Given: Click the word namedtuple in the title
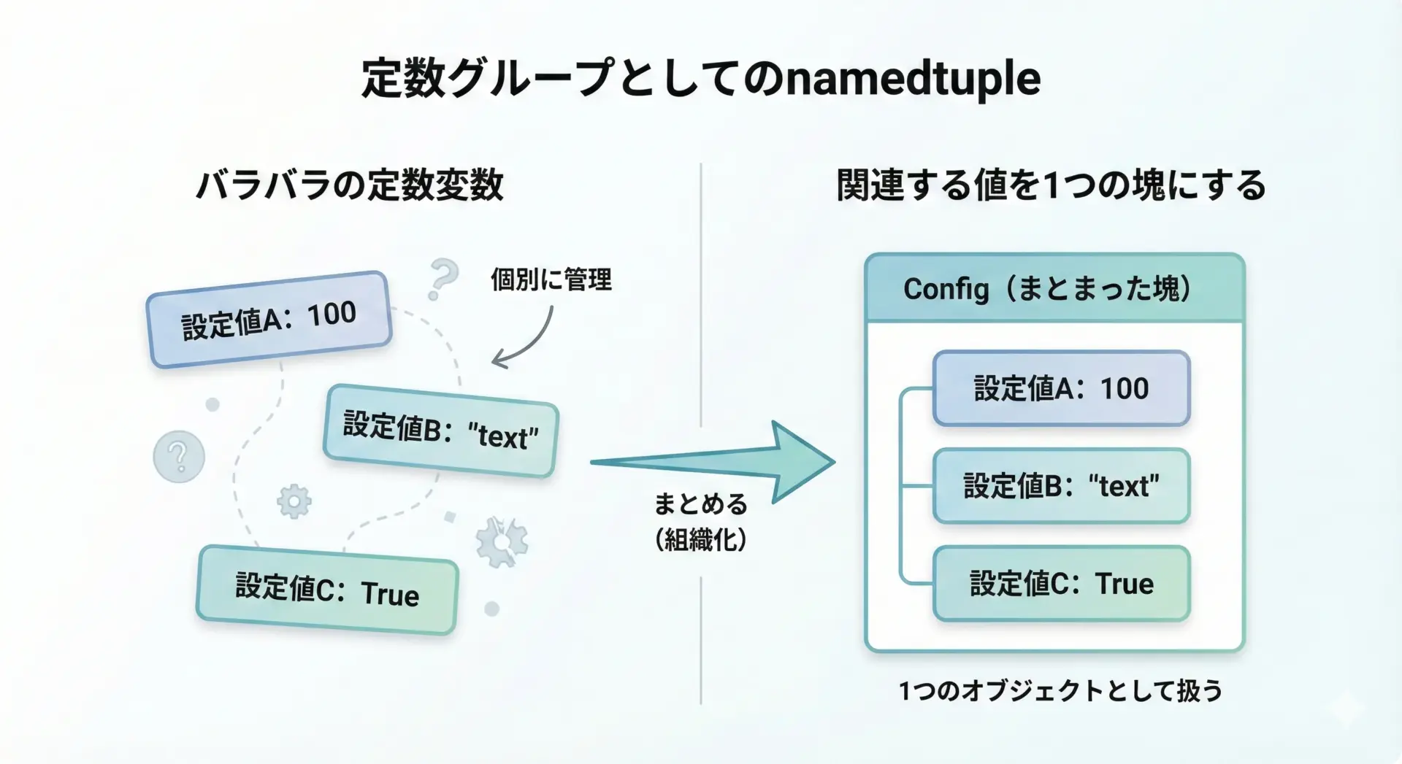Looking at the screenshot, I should click(913, 79).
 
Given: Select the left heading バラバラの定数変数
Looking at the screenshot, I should click(350, 185).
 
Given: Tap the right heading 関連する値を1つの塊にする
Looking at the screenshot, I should click(1051, 185).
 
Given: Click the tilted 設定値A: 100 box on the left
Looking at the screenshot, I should click(269, 320).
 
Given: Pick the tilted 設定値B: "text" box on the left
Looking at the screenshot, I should click(440, 431).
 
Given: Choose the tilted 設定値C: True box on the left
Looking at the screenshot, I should click(327, 590).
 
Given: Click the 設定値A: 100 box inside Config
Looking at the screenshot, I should click(1061, 388).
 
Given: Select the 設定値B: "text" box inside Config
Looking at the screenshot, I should click(1061, 486).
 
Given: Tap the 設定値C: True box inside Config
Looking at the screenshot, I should click(1061, 584).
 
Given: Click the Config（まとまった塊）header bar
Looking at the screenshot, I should click(1054, 288).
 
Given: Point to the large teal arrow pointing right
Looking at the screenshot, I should click(730, 461).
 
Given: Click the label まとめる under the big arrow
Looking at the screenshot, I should click(700, 504).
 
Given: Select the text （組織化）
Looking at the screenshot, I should click(700, 540).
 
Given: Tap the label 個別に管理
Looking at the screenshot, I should click(551, 279).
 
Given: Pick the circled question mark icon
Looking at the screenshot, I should click(179, 457).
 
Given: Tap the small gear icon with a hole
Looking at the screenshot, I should click(294, 501).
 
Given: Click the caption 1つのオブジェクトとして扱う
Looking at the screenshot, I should click(1060, 690).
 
